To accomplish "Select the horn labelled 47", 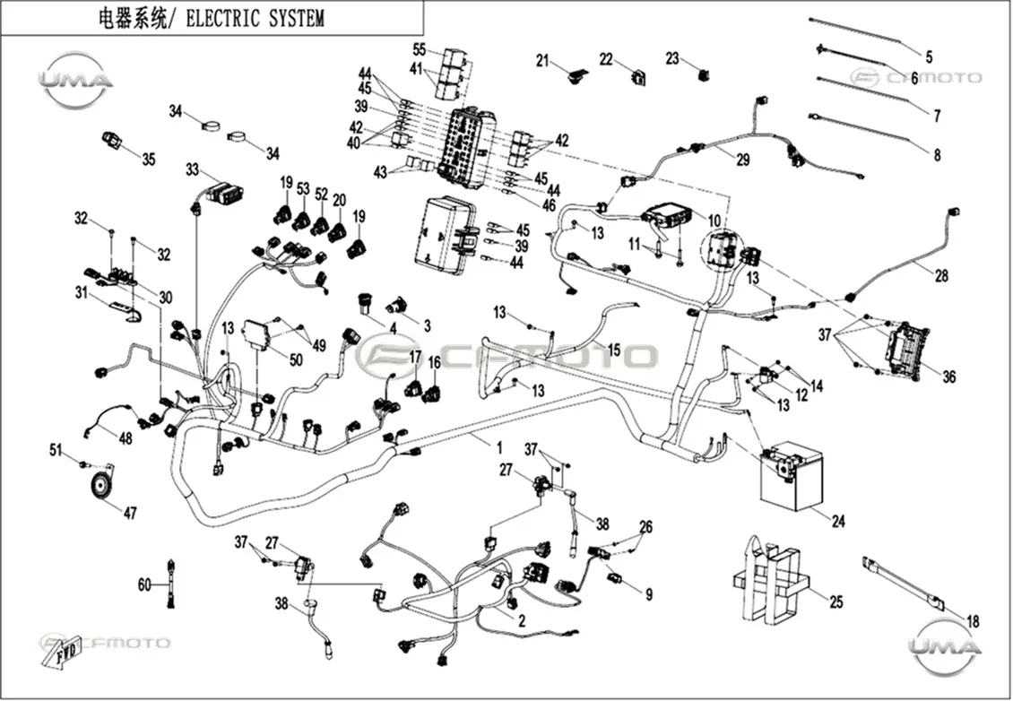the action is [x=100, y=484].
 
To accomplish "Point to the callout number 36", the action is [x=948, y=376].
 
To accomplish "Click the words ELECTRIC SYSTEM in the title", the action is [x=255, y=18].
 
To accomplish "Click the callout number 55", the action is [x=420, y=49].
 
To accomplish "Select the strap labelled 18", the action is [x=903, y=584].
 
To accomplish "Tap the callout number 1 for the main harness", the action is [x=498, y=447].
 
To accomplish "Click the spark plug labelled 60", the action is [x=170, y=584].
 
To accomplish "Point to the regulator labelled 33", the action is [x=222, y=193].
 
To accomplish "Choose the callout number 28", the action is [x=941, y=276].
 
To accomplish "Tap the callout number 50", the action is [x=296, y=359].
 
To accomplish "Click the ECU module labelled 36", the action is [x=908, y=348].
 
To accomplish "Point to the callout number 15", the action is [x=613, y=350].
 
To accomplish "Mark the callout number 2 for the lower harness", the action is [x=522, y=621].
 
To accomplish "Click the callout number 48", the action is [x=125, y=438].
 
